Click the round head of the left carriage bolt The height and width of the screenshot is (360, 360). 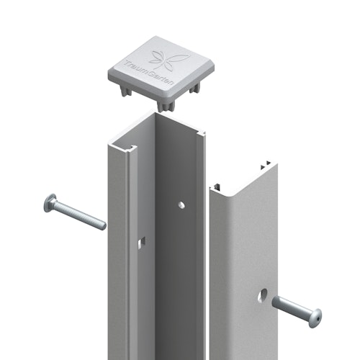pos(50,204)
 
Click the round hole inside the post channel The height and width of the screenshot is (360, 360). pos(181,205)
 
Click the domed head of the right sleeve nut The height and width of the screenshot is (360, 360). pos(314,317)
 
